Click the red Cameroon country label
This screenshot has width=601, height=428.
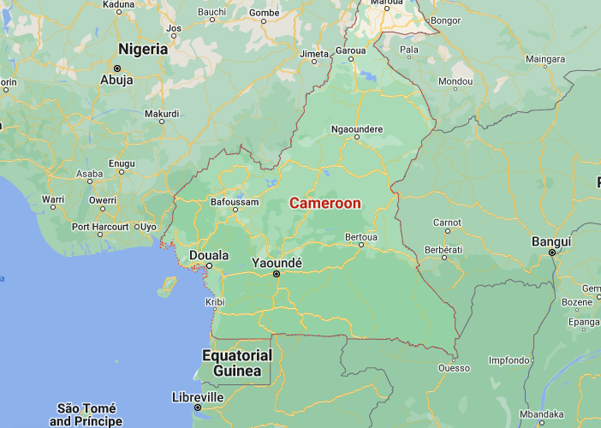click(325, 204)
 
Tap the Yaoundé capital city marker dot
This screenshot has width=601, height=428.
click(277, 274)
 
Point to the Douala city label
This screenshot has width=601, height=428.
click(208, 255)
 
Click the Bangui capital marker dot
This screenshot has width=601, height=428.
click(553, 253)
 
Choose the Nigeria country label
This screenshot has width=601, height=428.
click(143, 49)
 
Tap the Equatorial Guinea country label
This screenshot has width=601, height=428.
click(237, 363)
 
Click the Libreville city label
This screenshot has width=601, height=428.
click(198, 397)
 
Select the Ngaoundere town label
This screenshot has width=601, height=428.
click(357, 130)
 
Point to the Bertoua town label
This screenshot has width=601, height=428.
click(360, 235)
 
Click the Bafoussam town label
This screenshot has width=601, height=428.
click(235, 203)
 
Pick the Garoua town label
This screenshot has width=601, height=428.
click(351, 51)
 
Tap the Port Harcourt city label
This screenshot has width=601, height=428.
click(100, 227)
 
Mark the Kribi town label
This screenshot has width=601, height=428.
click(215, 302)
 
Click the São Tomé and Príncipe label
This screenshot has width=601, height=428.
click(86, 414)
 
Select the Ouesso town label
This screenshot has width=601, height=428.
click(454, 368)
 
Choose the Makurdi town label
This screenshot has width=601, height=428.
click(162, 113)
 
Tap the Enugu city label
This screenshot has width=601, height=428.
click(122, 163)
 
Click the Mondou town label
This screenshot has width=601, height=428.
click(455, 81)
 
